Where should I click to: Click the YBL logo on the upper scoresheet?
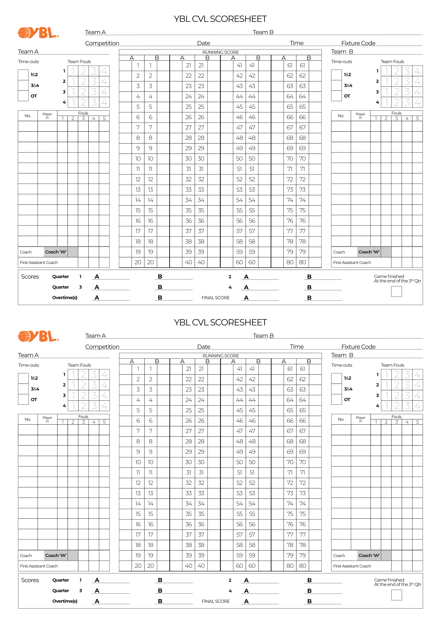[x=38, y=33]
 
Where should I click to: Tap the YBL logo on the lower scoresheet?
[x=38, y=337]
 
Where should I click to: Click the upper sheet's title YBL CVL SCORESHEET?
[x=220, y=19]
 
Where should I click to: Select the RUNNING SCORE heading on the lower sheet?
[x=220, y=356]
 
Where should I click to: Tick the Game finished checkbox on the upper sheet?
[x=396, y=292]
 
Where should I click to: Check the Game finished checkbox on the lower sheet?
[x=396, y=595]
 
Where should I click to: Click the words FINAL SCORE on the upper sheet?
[x=216, y=298]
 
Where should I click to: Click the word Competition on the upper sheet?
[x=102, y=43]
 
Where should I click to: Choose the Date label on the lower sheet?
[x=204, y=347]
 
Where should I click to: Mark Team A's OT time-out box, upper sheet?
[x=23, y=96]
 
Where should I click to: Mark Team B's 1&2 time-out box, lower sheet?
[x=336, y=378]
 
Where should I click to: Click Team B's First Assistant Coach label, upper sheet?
[x=352, y=263]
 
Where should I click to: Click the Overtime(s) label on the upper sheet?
[x=65, y=298]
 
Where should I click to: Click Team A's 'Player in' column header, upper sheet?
[x=47, y=116]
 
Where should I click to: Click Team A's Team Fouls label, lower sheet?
[x=79, y=365]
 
